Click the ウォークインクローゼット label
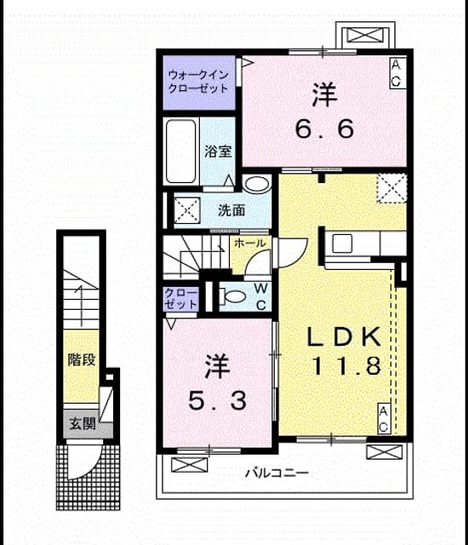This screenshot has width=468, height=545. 198,82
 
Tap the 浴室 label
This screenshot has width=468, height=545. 218,152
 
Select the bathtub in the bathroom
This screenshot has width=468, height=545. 181,152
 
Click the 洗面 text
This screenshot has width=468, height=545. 231,210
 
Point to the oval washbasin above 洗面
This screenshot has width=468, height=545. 257,184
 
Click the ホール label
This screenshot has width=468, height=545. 250,244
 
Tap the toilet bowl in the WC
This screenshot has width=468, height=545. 233,296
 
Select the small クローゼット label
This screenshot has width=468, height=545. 181,299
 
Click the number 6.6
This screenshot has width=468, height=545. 324,129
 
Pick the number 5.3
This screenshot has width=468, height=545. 218,400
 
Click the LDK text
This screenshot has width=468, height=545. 344,336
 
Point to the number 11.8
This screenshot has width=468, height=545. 347,366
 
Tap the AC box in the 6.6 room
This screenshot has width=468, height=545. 397,73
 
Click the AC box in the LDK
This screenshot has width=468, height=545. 384,418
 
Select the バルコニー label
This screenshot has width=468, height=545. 277,473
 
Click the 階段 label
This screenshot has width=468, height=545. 81,359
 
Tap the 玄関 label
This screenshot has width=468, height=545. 82,423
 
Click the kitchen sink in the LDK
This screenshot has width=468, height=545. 342,243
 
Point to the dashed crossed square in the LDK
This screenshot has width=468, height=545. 391,188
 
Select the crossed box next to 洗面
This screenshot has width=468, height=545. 187,210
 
